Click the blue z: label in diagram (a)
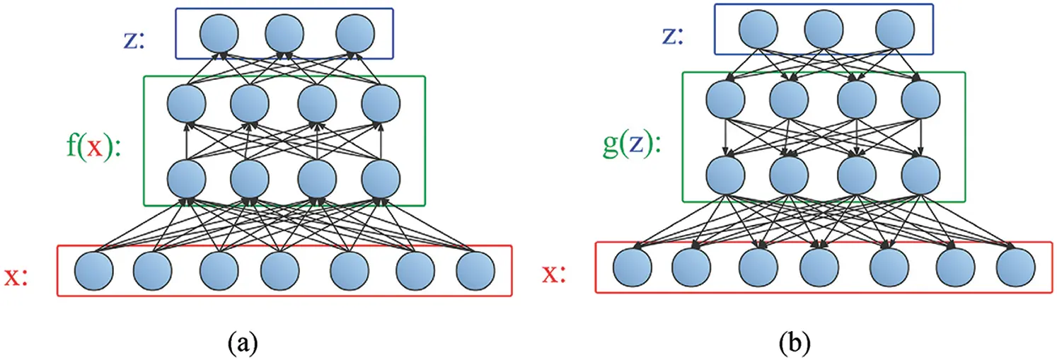[133, 40]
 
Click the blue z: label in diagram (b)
[671, 36]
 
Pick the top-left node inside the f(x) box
[185, 104]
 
